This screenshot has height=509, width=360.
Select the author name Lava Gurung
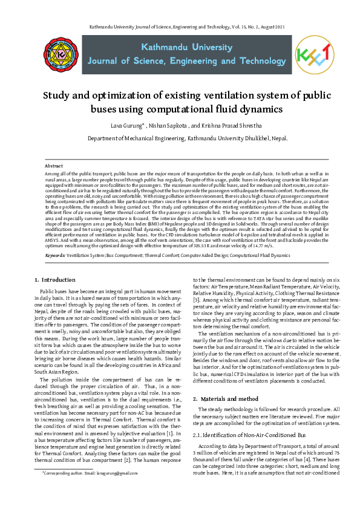pyautogui.click(x=126, y=126)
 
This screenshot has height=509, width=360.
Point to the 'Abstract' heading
pyautogui.click(x=54, y=165)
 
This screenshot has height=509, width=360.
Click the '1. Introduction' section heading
pyautogui.click(x=54, y=280)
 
